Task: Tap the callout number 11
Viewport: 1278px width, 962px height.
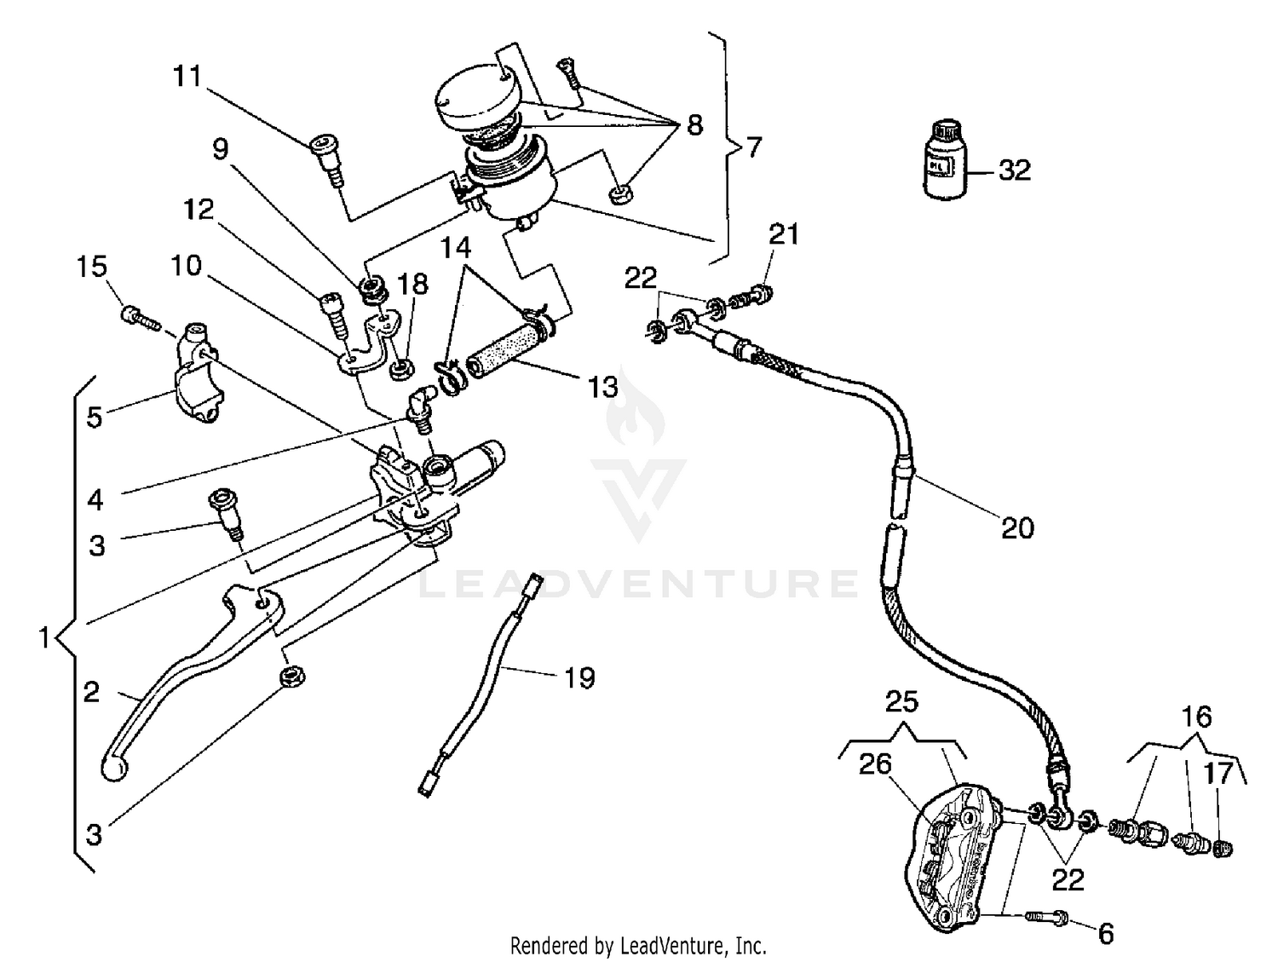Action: (x=187, y=77)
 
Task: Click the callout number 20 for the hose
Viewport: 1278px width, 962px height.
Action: (x=1017, y=527)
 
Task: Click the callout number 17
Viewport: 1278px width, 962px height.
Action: (x=1218, y=775)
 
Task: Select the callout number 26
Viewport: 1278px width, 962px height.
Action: (x=875, y=764)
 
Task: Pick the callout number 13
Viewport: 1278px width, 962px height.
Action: (x=603, y=387)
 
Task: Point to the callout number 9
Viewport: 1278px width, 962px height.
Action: (x=221, y=150)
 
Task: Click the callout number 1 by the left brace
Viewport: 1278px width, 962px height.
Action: (x=44, y=637)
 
